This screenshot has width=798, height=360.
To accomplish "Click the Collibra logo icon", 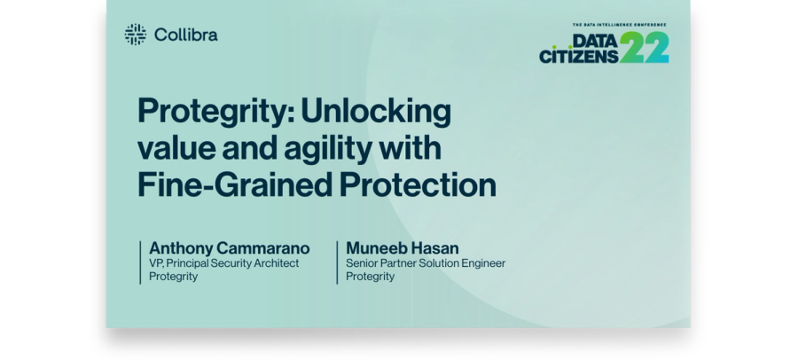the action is point(136,34).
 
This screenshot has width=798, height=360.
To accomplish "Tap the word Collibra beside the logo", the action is point(186,35).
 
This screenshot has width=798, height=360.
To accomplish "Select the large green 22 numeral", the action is point(645,47).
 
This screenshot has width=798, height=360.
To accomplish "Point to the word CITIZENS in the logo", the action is point(579,56).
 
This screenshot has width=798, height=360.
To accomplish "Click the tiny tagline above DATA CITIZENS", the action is point(620,25).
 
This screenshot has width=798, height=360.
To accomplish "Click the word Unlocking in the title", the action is point(376,111).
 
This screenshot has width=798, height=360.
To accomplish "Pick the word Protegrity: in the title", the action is point(216,112).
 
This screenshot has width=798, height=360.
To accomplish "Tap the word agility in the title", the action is point(328,149).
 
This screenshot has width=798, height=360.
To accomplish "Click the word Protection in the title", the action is point(418,184).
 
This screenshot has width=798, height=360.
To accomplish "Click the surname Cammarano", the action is point(263,248).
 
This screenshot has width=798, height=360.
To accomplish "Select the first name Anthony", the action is point(181,248).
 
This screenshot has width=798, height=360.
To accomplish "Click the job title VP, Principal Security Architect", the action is point(224,263).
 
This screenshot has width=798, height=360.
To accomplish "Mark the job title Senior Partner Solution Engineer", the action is point(426,263).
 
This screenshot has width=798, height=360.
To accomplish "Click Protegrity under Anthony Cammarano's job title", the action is point(173,277).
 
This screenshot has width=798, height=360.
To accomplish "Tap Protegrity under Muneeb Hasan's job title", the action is point(370,277).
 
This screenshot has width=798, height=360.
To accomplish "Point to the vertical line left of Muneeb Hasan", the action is point(337,262).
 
